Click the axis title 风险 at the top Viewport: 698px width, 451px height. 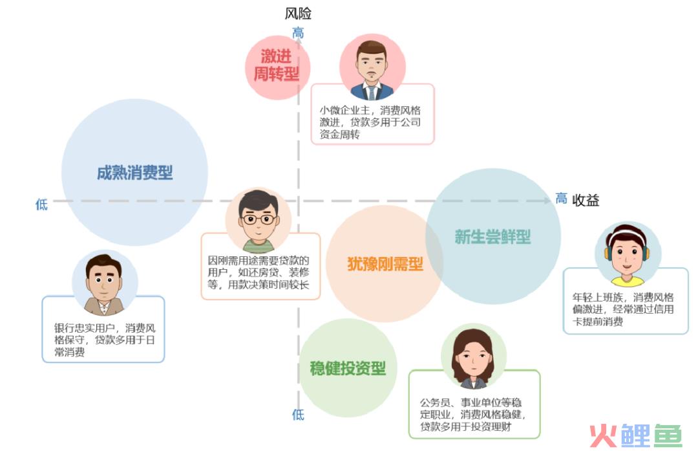298,14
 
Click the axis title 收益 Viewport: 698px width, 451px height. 586,200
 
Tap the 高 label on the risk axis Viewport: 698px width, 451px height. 298,33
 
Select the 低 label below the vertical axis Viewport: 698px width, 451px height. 298,415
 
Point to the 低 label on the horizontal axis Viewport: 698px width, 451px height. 41,204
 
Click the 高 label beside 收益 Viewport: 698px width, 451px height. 561,198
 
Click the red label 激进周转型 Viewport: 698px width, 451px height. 276,65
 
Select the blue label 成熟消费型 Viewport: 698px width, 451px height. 134,173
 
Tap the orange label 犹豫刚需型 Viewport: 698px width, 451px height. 385,264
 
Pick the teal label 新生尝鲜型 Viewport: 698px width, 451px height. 492,237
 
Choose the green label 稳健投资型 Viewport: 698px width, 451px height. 348,368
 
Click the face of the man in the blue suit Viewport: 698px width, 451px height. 371,65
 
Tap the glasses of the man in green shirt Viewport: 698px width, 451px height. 258,219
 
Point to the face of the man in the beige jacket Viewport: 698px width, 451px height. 104,281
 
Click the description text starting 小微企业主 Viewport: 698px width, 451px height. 370,122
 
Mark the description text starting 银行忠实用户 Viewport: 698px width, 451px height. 105,340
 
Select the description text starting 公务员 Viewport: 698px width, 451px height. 472,415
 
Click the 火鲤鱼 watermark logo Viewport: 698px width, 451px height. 637,435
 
